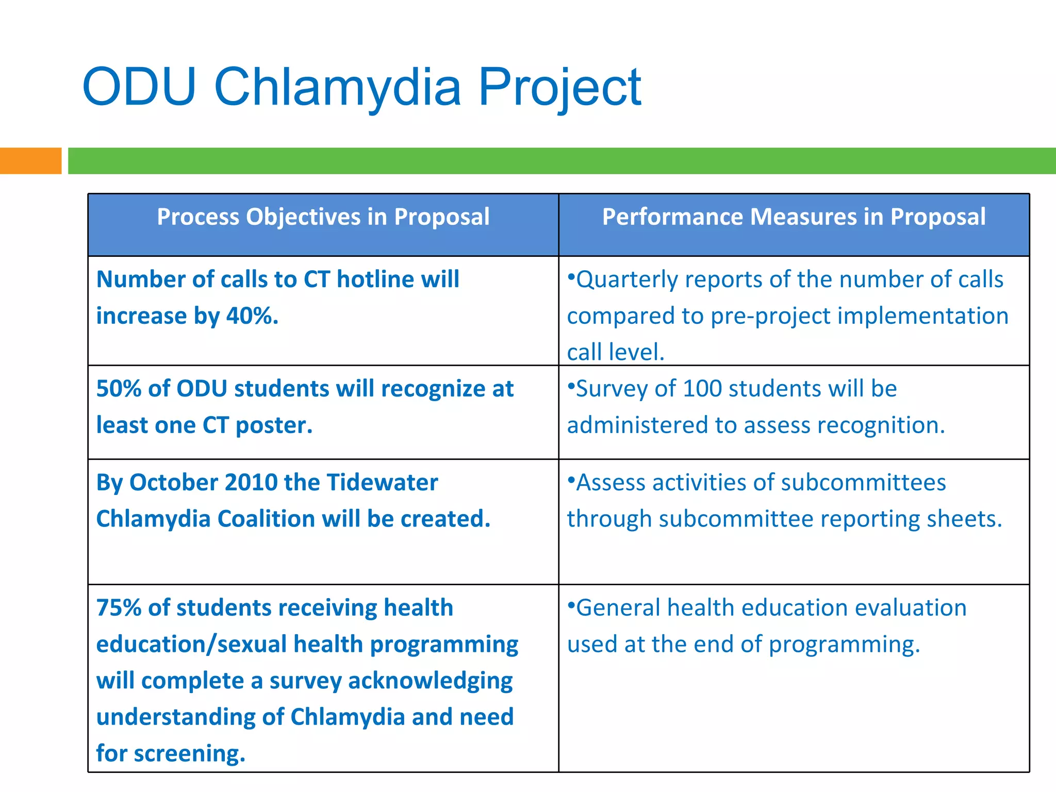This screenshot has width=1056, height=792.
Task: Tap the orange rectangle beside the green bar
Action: [30, 161]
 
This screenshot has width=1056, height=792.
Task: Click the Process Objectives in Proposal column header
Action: [323, 217]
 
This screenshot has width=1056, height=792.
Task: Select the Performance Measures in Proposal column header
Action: [794, 217]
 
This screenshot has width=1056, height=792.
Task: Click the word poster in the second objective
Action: [273, 425]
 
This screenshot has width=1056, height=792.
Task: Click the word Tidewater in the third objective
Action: [382, 483]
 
